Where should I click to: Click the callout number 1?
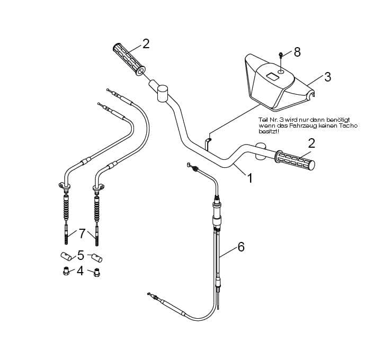coord(250,178)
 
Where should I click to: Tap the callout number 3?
coord(327,77)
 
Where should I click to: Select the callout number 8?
coord(297,52)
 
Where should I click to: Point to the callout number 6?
coord(241,247)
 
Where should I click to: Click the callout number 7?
coord(82,232)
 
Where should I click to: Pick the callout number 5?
coord(81,255)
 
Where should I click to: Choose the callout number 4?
coord(80,271)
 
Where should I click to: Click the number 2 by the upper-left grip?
coord(146,44)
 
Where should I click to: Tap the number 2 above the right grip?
coord(311,143)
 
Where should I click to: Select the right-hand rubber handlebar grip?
coord(294,160)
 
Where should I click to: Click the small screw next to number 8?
coord(280,55)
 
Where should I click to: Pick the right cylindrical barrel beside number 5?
coord(97,258)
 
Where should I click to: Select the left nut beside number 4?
coord(65,273)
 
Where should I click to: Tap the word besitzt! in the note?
coord(268,131)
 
